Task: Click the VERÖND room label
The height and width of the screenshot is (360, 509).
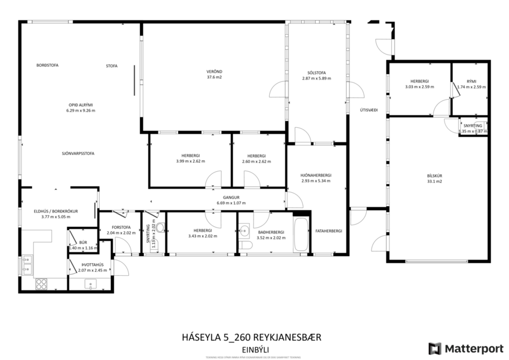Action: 214,72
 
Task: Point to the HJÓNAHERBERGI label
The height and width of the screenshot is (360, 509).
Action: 316,175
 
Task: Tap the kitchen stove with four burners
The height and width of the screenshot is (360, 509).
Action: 42,283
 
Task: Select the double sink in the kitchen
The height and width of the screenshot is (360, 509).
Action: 27,266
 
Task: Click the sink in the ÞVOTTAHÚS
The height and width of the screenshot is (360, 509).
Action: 89,283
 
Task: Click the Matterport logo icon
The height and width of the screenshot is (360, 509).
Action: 434,348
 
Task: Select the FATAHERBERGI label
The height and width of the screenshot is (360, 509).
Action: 329,231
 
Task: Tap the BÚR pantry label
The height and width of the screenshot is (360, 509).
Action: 82,242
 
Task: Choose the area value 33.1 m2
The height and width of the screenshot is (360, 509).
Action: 434,181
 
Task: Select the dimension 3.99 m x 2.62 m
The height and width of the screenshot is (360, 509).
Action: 190,161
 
